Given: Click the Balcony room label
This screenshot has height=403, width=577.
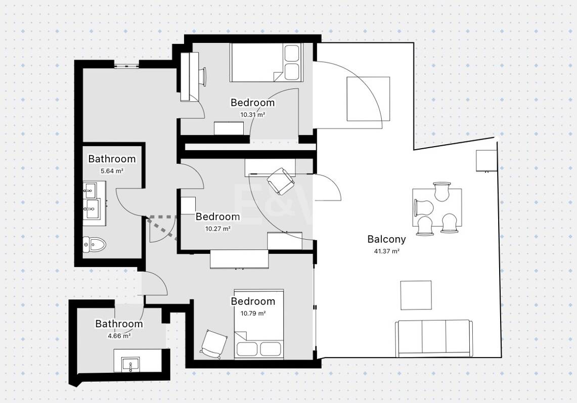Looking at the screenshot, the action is click(386, 239).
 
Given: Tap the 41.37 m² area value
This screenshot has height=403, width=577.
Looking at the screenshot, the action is click(387, 251).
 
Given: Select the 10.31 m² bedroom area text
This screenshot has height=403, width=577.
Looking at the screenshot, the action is click(253, 114).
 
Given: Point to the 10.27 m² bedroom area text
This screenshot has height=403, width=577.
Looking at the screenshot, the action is click(218, 229).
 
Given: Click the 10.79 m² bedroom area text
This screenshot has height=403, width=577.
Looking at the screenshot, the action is click(253, 314).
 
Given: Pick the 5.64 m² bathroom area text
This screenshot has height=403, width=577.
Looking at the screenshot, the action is click(112, 171).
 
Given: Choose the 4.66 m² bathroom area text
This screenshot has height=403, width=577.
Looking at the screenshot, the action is click(119, 336).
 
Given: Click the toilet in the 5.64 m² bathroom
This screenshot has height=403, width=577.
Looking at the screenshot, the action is click(94, 244).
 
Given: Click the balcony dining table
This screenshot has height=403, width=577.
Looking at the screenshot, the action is click(437, 208).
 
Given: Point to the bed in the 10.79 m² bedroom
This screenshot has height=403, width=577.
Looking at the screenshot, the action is click(259, 324).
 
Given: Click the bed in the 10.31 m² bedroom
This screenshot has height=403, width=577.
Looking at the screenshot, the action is click(265, 62).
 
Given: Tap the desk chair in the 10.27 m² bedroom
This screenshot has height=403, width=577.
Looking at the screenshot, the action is click(281, 181).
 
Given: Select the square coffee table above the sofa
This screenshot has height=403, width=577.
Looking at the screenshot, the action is click(416, 295).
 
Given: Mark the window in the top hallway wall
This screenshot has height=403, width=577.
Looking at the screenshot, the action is click(126, 66).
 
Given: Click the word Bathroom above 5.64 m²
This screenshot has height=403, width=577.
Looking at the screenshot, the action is click(112, 159).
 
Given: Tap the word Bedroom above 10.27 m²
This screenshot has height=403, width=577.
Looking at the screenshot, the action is click(218, 216).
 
